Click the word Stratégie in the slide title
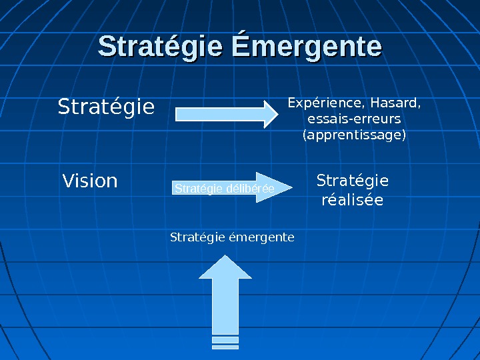161,47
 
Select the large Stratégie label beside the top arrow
106,107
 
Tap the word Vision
90,181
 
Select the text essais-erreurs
354,119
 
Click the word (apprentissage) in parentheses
354,135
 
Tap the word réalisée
352,200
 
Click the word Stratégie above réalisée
352,181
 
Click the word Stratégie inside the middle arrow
199,189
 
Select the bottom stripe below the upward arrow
225,347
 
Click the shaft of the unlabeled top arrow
220,113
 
